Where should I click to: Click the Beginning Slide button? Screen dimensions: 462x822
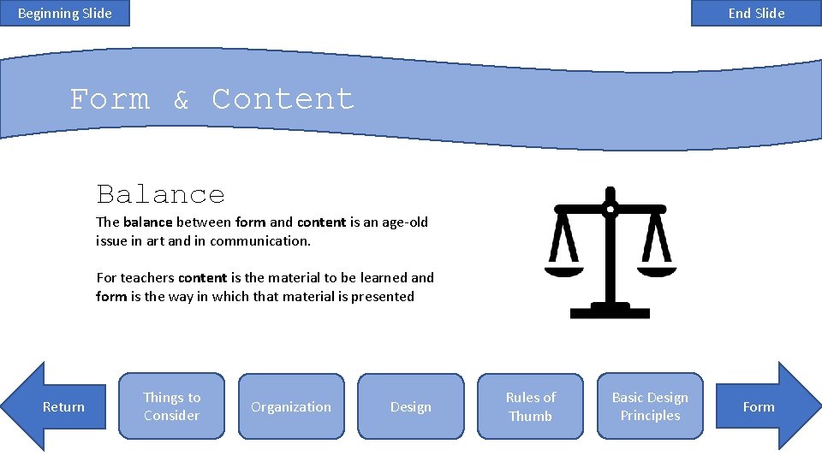pos(64,13)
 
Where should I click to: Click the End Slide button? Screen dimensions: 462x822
pos(756,13)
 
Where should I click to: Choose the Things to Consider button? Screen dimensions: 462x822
pos(171,406)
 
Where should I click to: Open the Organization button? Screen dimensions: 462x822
pos(291,406)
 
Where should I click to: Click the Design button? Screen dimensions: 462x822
pos(410,406)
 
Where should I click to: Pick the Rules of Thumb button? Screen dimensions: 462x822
pos(530,406)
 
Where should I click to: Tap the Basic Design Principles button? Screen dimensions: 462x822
pos(650,406)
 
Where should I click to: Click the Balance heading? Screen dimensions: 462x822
pos(160,194)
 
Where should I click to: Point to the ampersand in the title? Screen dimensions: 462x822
pos(181,101)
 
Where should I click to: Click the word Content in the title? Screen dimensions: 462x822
pos(283,99)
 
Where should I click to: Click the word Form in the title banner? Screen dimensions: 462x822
pos(110,99)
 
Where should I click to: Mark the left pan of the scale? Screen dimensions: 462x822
pos(563,271)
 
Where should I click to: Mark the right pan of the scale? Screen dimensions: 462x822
pos(657,271)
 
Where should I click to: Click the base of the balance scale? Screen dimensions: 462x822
pos(610,310)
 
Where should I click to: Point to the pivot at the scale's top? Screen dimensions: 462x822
pos(610,209)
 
